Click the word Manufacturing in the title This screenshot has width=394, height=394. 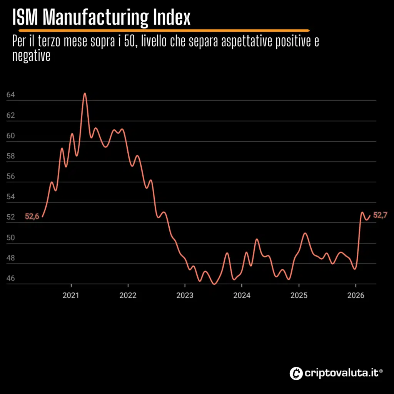[x=95, y=18]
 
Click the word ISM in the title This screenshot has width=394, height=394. [x=26, y=18]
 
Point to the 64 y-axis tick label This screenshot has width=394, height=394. [x=11, y=95]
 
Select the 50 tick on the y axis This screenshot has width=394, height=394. [x=11, y=238]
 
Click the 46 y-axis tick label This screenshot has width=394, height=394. [x=11, y=279]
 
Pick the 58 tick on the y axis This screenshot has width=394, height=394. [x=11, y=156]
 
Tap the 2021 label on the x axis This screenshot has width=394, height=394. [x=71, y=296]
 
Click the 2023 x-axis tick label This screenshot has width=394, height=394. [x=185, y=296]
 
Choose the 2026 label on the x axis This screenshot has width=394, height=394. [x=356, y=296]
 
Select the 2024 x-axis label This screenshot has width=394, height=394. [x=242, y=296]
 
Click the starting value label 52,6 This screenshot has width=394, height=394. [x=32, y=217]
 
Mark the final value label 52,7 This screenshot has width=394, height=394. [x=380, y=215]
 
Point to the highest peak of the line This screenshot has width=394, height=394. [x=85, y=93]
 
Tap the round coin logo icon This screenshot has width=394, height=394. [x=296, y=372]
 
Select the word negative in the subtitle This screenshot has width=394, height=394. [x=32, y=56]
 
